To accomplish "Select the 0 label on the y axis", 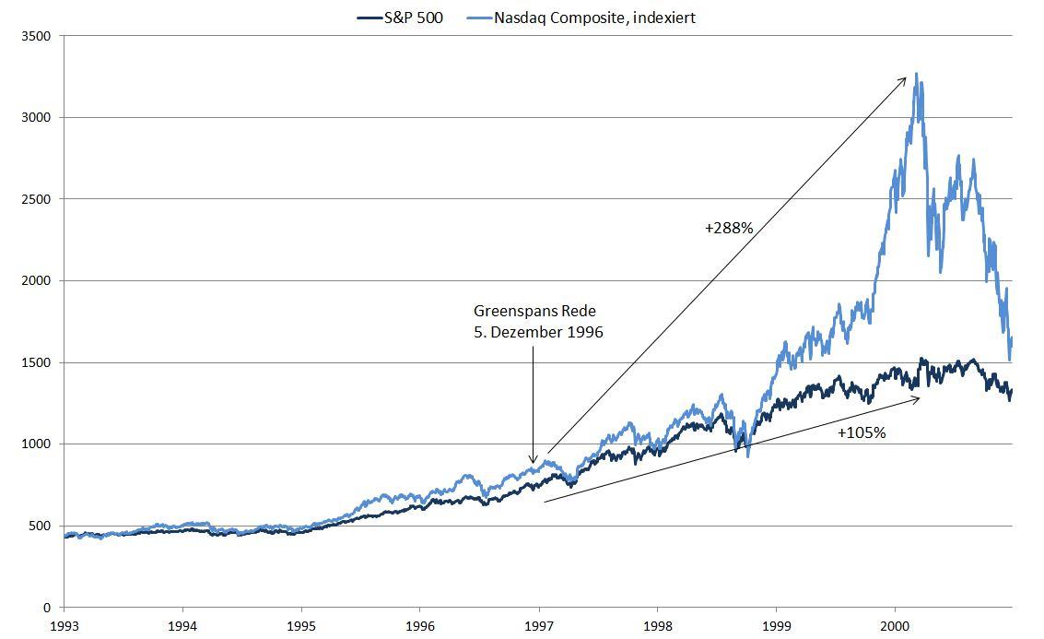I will [x=48, y=608].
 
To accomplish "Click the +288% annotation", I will [x=730, y=226].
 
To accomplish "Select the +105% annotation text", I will [x=862, y=432].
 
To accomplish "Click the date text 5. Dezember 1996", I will [x=538, y=332].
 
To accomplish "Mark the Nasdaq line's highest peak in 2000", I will [x=916, y=74].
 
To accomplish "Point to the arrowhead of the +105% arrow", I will [x=918, y=398].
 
